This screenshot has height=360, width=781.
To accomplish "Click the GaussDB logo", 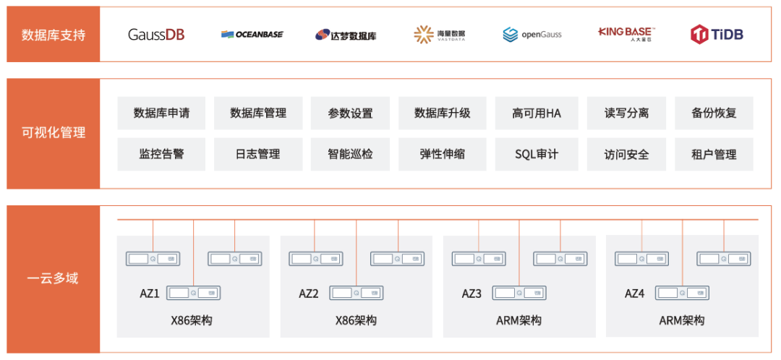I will coord(155,34).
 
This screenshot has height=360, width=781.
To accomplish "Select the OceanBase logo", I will coord(252,34).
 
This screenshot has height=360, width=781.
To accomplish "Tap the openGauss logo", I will coord(532,34).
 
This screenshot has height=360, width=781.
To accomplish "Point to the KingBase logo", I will coord(626,33).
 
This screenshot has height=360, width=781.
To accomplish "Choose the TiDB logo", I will coord(717,34).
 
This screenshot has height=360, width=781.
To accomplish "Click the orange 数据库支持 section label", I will coord(54,35).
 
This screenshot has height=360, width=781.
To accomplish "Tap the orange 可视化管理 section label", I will coord(54,133).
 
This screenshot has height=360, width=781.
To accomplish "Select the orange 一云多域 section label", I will coord(54,278).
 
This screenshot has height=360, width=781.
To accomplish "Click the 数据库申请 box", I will coord(161,113).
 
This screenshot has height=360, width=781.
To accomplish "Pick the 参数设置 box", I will coord(350,113).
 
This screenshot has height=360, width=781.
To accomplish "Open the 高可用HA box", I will coord(536,113).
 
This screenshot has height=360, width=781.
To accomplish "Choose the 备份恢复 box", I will coord(714,113).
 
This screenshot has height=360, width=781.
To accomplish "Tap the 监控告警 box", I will coord(161,154).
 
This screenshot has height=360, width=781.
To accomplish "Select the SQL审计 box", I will coord(536,154).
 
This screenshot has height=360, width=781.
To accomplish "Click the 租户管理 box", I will coord(714,154).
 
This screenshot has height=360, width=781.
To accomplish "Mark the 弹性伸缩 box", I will coord(442,154).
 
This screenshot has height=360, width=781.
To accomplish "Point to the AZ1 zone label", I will coord(150,293).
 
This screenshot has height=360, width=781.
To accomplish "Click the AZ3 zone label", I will coord(471,293).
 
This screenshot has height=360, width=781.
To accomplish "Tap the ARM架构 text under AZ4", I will coord(682,320).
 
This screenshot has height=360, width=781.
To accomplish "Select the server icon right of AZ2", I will coord(357,293).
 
